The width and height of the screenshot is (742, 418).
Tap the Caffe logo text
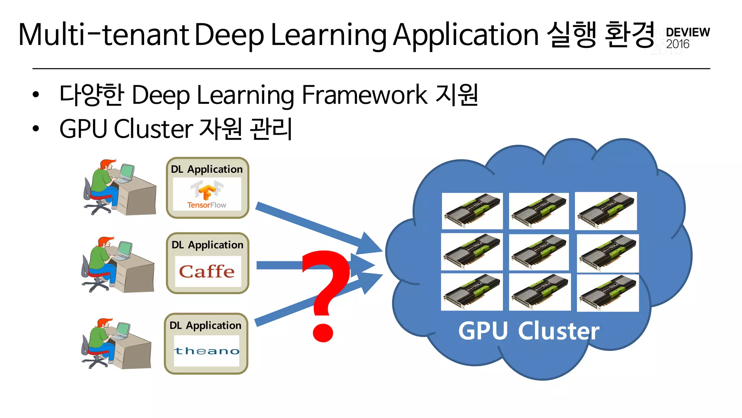[x=207, y=271]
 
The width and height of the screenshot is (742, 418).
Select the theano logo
[x=207, y=351]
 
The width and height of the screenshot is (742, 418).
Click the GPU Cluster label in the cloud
[x=529, y=331]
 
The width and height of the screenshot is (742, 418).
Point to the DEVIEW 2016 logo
[x=687, y=38]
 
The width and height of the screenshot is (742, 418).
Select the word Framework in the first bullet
[x=364, y=95]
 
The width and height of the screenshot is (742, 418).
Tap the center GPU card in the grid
[x=539, y=252]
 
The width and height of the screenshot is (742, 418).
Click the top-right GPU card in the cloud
[x=606, y=211]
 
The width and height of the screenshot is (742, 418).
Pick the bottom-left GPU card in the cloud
[x=472, y=292]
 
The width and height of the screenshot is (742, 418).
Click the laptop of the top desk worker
[x=126, y=173]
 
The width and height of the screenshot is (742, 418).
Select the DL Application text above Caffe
[x=207, y=245]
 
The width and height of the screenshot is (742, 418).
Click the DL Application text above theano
[x=205, y=325]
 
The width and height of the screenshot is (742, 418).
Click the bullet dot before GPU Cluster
[x=36, y=128]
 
